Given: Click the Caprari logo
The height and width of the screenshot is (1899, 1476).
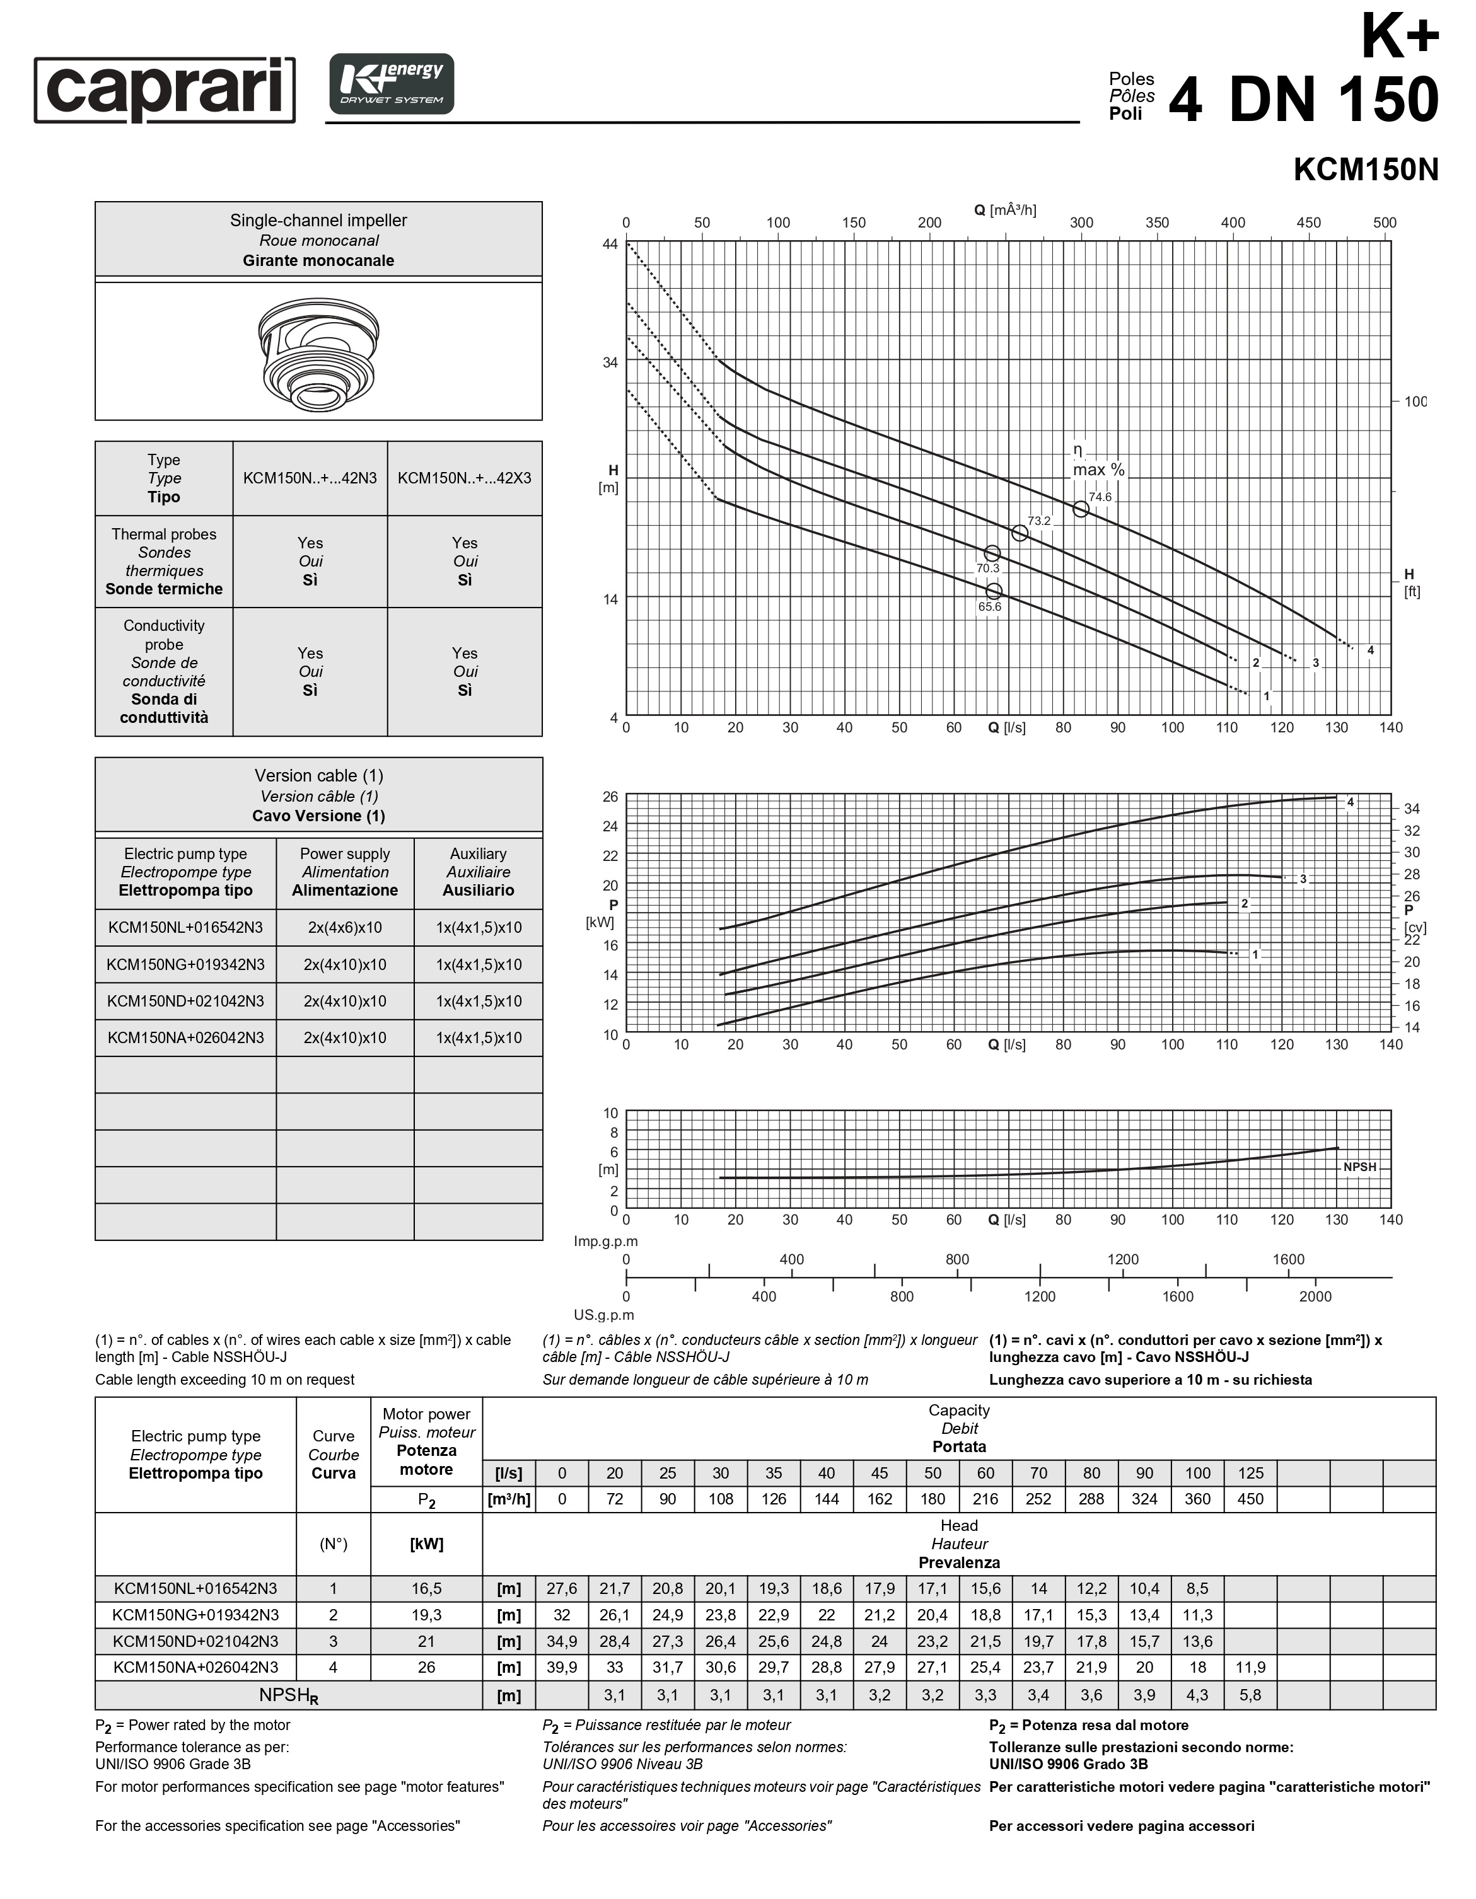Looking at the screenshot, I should tap(165, 89).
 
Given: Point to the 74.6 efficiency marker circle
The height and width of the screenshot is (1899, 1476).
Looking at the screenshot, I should tap(1080, 509).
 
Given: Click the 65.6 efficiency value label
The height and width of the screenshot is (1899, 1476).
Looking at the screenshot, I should tap(990, 607).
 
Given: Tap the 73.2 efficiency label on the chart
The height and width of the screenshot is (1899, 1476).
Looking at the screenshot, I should tap(1039, 521).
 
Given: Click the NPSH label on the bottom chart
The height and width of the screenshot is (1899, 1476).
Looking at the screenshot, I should tap(1359, 1167).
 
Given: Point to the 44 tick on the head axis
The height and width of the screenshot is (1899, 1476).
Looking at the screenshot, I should tap(610, 245).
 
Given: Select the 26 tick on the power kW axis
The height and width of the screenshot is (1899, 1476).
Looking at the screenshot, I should tap(610, 797).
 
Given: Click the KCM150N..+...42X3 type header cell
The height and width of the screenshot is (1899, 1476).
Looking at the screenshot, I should tap(465, 478).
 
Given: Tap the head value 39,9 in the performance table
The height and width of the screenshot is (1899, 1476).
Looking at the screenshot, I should tap(562, 1667).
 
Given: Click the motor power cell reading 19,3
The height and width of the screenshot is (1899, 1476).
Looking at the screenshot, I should tap(426, 1615).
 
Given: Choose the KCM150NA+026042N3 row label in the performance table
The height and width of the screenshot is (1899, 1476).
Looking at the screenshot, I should tap(195, 1667).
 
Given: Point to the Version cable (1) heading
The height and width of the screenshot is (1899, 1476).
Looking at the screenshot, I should tap(318, 776).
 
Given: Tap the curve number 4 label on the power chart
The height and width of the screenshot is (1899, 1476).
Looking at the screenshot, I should tap(1350, 802).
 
